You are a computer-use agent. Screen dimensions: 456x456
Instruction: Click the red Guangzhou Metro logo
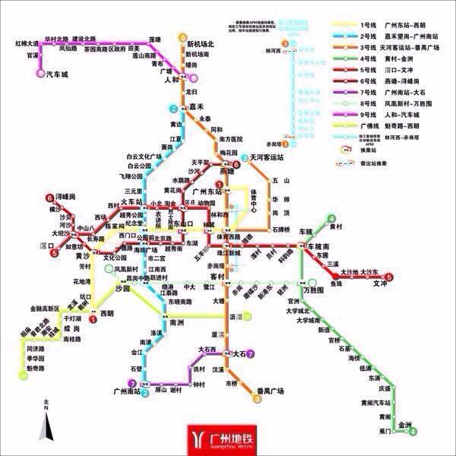tap(229, 439)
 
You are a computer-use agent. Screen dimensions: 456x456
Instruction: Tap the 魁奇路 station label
tap(36, 368)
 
